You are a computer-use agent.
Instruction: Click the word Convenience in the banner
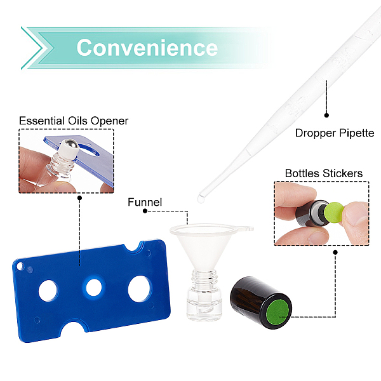click(147, 48)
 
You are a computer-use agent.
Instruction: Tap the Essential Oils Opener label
click(74, 121)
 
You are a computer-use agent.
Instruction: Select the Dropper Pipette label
click(335, 133)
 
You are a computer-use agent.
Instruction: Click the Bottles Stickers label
click(324, 173)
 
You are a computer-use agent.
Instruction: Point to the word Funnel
click(145, 202)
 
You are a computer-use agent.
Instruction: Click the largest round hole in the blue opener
click(139, 289)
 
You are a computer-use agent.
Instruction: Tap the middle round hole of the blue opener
click(94, 288)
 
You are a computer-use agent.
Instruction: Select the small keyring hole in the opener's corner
click(20, 266)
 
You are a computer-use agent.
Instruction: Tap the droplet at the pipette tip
click(201, 199)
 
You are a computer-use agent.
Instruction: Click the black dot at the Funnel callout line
click(145, 211)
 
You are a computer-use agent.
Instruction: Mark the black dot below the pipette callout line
click(326, 115)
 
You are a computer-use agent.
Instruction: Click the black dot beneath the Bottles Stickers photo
click(335, 253)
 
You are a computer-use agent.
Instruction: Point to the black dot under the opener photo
click(80, 198)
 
